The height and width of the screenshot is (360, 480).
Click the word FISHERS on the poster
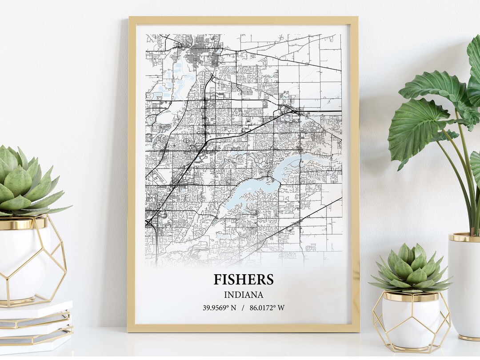243,280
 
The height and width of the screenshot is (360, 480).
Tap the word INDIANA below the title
243,295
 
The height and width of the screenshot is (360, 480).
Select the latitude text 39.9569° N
220,308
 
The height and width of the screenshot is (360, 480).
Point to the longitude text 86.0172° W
267,308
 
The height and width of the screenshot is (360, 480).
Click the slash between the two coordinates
243,308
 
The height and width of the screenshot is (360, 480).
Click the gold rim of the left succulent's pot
22,222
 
